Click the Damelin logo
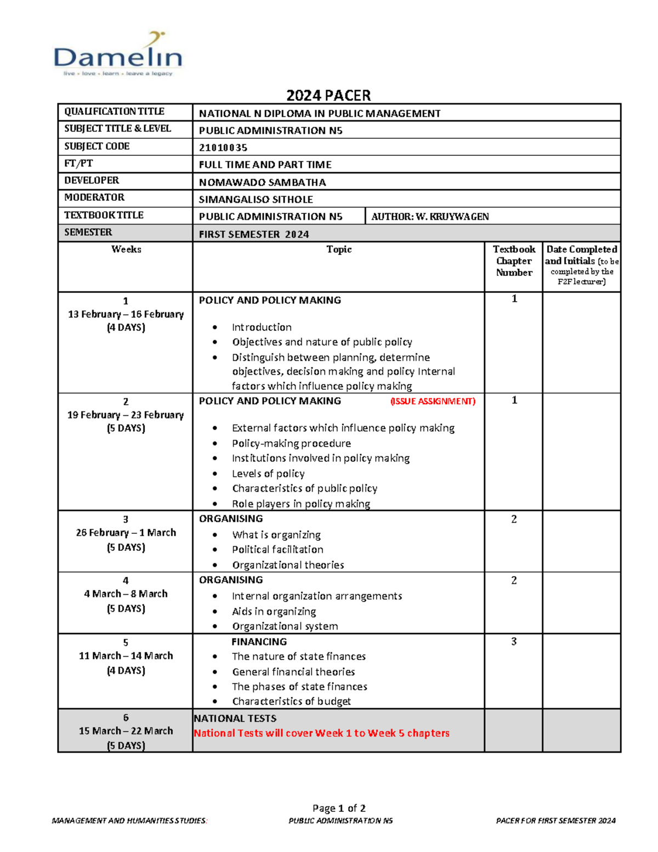point(117,55)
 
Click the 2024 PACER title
point(328,95)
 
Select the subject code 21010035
point(223,148)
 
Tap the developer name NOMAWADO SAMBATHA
point(262,182)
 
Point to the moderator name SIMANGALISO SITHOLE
point(256,199)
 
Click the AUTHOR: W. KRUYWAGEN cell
point(430,217)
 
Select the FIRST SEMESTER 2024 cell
point(254,234)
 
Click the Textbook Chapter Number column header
point(514,261)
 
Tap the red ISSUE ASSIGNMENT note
point(433,401)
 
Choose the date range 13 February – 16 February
point(126,314)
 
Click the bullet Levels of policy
point(268,473)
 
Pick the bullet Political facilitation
point(277,549)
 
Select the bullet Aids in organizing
point(274,611)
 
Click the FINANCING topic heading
point(259,641)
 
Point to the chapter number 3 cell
point(514,641)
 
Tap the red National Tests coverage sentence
point(321,733)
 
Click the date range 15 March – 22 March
point(126,731)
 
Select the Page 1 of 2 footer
point(339,808)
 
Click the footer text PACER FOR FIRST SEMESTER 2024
point(555,821)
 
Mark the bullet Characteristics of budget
point(291,701)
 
